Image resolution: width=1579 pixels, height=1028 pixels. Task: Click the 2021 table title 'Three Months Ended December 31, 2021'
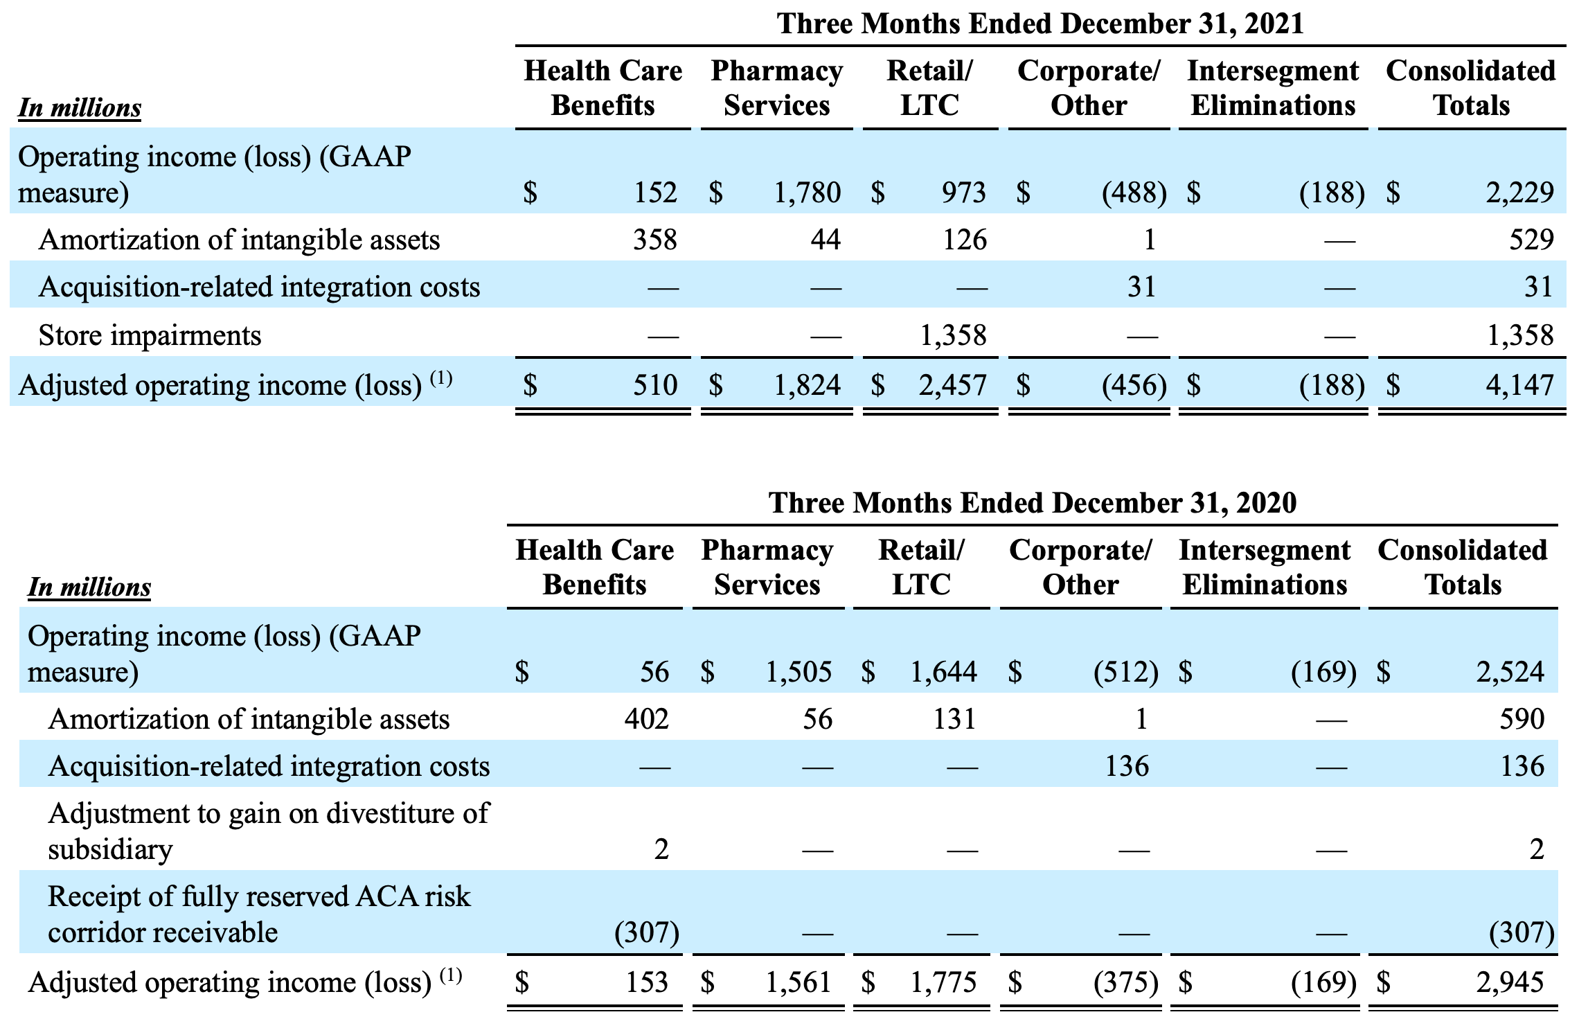click(1040, 24)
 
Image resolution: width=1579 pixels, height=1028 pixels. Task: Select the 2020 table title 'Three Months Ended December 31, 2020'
click(1033, 502)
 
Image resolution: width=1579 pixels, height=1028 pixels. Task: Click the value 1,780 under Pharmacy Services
click(808, 192)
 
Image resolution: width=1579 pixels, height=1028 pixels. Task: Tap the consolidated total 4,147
click(1519, 384)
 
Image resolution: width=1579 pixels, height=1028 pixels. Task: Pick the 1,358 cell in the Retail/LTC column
click(952, 335)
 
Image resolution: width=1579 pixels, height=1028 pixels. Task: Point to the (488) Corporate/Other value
click(1134, 193)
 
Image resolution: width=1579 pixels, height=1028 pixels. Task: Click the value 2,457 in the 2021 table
click(952, 384)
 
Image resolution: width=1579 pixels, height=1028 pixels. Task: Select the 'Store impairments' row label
click(150, 335)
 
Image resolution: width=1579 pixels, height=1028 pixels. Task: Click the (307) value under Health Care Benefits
click(647, 932)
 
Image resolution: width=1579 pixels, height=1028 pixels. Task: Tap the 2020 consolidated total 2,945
click(1510, 982)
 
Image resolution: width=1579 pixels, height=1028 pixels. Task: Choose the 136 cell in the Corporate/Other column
click(1127, 766)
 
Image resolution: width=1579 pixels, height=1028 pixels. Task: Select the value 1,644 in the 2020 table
click(943, 671)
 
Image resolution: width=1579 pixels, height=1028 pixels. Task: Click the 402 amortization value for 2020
click(646, 719)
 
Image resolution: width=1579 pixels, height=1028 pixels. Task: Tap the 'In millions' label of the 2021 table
click(80, 108)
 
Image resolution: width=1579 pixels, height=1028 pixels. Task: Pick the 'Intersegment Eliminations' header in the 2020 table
click(1265, 567)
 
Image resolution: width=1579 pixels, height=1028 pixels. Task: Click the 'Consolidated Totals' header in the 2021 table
click(1471, 88)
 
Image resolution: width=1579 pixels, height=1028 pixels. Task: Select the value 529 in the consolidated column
click(1532, 240)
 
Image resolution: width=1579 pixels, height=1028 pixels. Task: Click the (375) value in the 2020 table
click(1125, 982)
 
